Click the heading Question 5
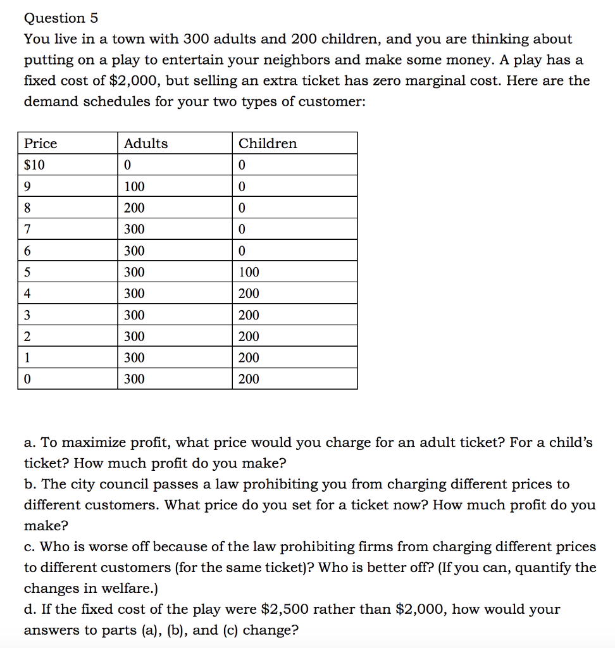[x=61, y=18]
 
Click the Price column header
[x=40, y=144]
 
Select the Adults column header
[x=146, y=144]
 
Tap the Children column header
[x=268, y=144]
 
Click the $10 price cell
[x=34, y=165]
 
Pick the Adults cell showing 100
[x=134, y=187]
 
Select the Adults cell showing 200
[x=134, y=208]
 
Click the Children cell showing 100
[x=249, y=272]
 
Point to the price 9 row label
[x=27, y=187]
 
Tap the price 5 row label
[x=27, y=272]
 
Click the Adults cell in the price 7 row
[x=134, y=229]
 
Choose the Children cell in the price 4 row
[x=249, y=294]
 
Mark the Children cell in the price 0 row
[x=249, y=379]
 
